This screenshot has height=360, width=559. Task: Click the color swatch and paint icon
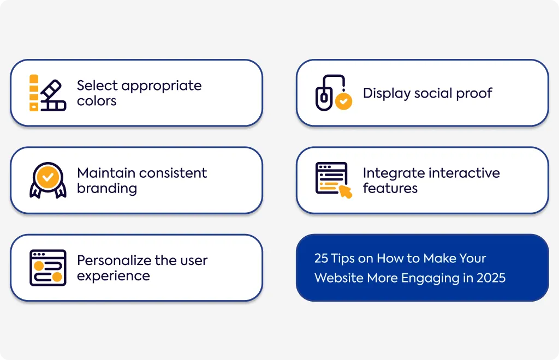(48, 93)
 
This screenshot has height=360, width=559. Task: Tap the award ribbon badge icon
(48, 180)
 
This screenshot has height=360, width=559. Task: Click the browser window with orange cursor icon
(334, 180)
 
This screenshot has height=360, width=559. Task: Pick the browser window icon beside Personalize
(48, 268)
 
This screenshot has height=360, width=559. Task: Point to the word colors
(97, 101)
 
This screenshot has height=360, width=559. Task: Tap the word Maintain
(105, 173)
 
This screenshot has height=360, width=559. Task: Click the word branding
(107, 189)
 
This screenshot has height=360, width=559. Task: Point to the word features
(390, 188)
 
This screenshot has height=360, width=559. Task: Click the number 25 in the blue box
(321, 258)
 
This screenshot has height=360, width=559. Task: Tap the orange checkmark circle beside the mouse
(344, 101)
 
